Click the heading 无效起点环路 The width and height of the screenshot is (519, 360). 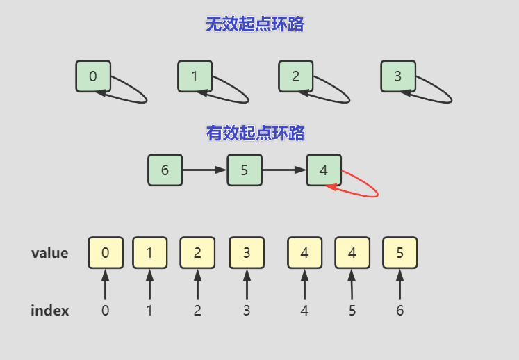255,25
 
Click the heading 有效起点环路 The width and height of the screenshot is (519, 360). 255,133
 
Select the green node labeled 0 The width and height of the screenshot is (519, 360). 93,76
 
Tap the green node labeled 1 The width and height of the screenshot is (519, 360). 195,76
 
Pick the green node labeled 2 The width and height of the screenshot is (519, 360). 296,76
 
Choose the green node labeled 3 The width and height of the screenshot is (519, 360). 397,76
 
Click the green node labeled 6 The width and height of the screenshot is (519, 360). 165,170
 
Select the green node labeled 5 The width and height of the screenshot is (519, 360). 245,170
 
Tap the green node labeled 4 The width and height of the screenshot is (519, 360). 324,170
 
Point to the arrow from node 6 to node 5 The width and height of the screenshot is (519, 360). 205,170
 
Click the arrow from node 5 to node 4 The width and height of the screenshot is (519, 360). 285,170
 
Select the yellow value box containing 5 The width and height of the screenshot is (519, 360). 399,253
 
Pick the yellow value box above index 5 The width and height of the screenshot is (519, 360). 352,253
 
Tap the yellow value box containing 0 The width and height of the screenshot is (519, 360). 105,253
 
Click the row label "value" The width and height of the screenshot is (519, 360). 50,253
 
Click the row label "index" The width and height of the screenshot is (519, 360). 50,311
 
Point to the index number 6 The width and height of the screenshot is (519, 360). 399,311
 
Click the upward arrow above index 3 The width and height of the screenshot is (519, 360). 247,285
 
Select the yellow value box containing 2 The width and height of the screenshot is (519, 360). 197,253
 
